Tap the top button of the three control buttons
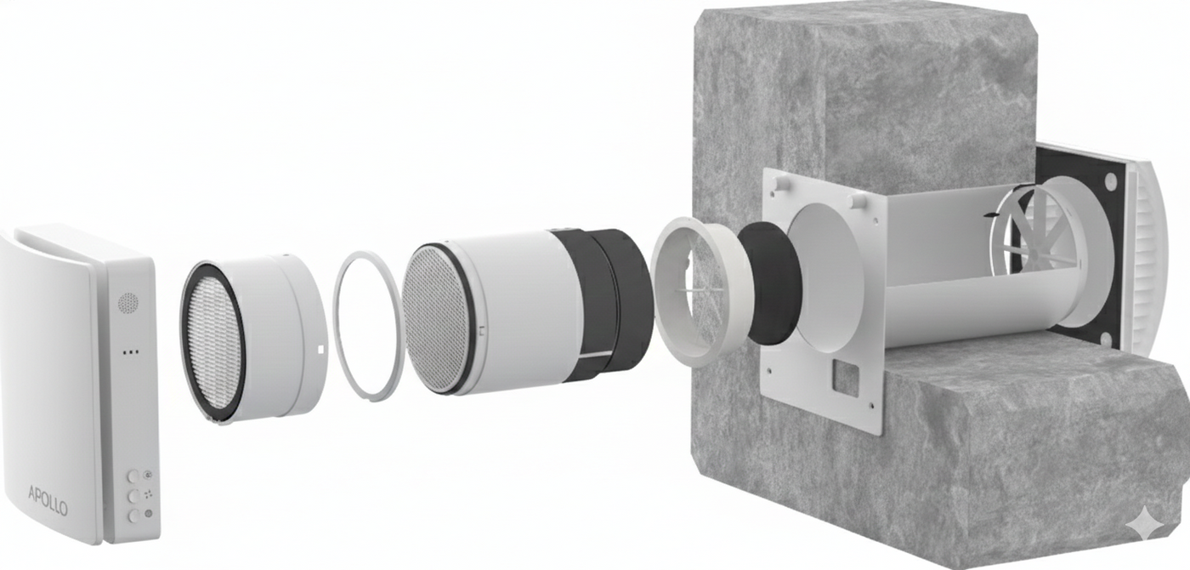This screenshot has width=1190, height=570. pos(134,477)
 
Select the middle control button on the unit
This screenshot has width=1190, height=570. pos(134,495)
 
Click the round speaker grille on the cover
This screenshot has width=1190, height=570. pos(128,303)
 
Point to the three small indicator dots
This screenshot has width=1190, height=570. pos(130,351)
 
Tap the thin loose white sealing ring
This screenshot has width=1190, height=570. pos(365,323)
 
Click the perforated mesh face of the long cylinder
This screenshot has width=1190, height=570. pos(435,318)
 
